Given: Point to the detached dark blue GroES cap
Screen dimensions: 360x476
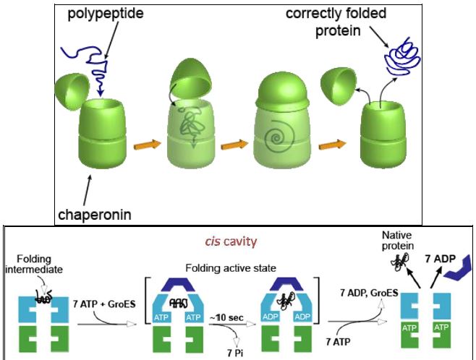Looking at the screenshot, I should click(458, 270).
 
